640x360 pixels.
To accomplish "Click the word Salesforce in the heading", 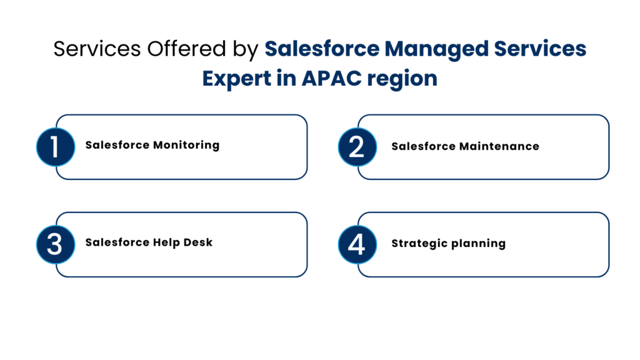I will point(321,49).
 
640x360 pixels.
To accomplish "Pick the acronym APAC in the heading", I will point(332,79).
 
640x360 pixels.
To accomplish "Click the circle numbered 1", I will point(56,147).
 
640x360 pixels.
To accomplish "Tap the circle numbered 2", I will point(357,147).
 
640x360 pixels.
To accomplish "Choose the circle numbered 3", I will point(56,244).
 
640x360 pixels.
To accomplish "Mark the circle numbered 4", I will point(357,244).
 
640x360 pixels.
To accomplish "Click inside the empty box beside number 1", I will point(191,147).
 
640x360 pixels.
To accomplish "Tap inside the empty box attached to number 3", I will point(191,244).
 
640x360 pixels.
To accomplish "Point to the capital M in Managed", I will point(393,49).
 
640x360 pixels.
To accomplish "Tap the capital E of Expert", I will point(209,79).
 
